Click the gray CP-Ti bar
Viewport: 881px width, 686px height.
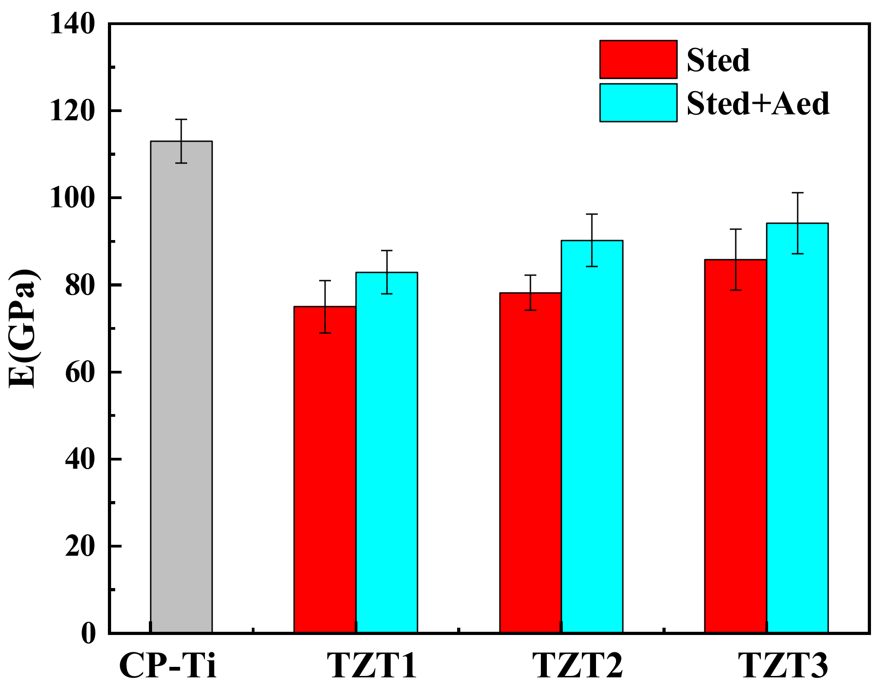[181, 387]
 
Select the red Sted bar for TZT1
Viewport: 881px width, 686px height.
[325, 469]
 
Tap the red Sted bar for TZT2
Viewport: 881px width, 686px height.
[530, 462]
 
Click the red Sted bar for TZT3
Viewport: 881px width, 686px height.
[736, 446]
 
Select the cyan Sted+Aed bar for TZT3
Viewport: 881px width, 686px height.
[797, 428]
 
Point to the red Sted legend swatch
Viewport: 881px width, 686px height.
[638, 59]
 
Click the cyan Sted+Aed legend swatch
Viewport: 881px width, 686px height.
[638, 102]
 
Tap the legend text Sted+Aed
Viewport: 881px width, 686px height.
[758, 103]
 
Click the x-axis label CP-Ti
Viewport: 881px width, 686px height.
[167, 666]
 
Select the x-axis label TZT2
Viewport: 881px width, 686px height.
[577, 666]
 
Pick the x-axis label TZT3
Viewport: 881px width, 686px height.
[782, 666]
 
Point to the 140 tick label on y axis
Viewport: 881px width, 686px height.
[72, 24]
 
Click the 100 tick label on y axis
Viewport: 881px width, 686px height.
[72, 198]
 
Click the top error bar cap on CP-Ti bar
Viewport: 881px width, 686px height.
[181, 119]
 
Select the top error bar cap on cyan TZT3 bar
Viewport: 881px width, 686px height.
[797, 193]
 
